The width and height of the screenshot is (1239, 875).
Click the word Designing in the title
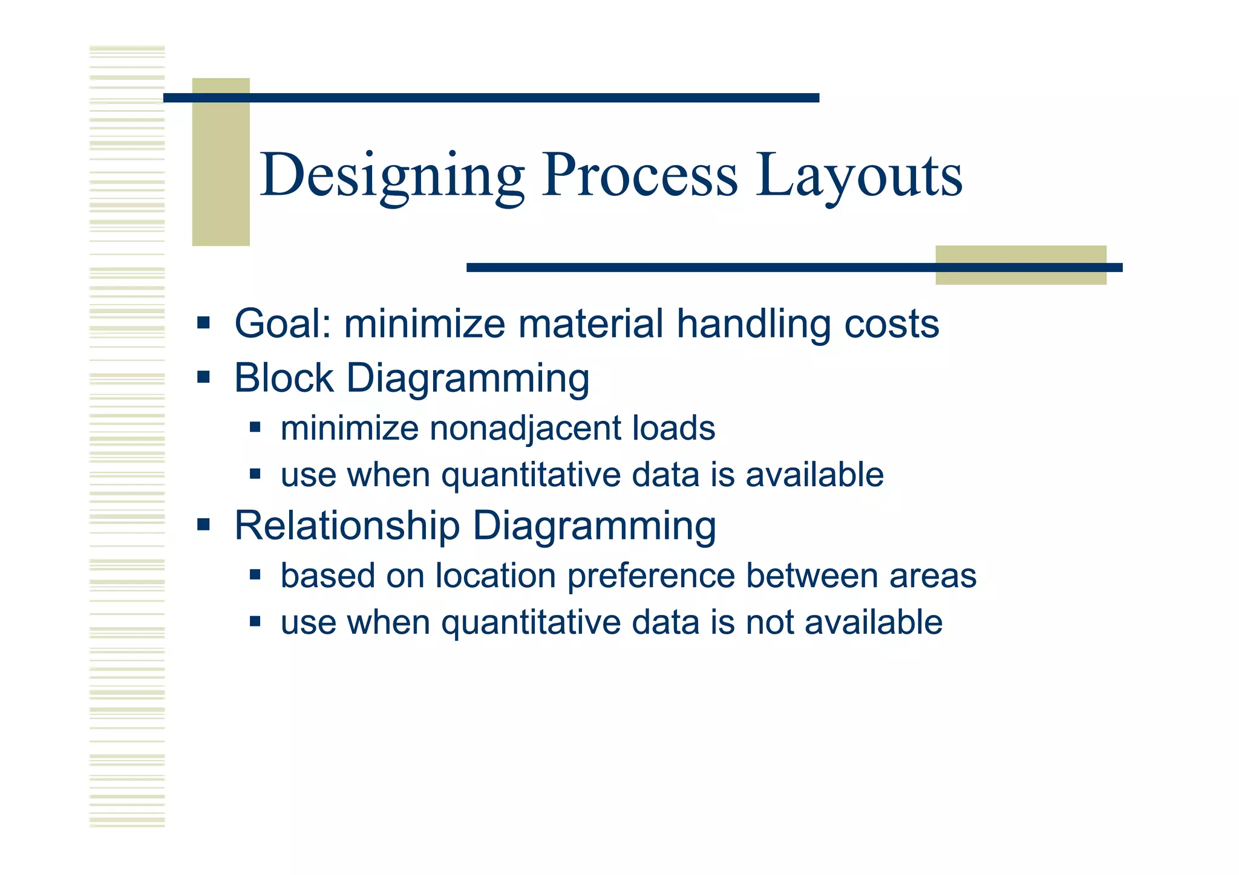click(392, 176)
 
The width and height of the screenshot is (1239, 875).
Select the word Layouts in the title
click(859, 176)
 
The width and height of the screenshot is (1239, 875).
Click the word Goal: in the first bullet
click(283, 324)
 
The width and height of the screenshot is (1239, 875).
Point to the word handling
click(754, 324)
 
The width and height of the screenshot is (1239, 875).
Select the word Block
click(284, 378)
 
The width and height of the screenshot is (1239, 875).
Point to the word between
click(812, 575)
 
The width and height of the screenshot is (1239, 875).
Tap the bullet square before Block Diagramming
click(203, 378)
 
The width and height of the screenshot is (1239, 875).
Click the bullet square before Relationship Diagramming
click(203, 524)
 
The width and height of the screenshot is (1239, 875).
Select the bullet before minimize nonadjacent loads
click(255, 428)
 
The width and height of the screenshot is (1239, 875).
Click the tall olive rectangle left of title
click(221, 161)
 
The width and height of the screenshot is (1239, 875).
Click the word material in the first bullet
click(591, 324)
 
